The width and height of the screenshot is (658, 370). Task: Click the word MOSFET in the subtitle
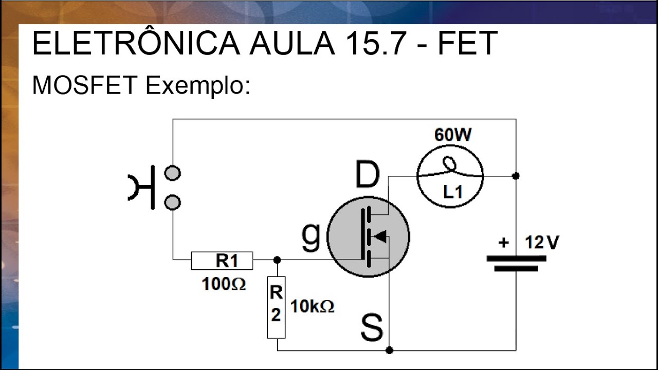[x=84, y=85]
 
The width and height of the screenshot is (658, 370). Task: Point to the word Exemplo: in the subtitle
[x=198, y=86]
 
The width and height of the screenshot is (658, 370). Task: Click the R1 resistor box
[x=222, y=261]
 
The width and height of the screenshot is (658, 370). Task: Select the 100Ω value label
[x=224, y=284]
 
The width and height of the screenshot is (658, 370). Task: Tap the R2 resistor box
[x=276, y=307]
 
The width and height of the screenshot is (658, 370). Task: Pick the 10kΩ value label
[x=312, y=307]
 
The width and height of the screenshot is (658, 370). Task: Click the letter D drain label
[x=367, y=175]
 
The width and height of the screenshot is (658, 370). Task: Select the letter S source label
[x=372, y=328]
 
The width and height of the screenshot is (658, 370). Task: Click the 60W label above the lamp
[x=452, y=135]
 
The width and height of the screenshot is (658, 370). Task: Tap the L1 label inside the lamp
[x=453, y=192]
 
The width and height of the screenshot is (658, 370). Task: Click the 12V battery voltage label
[x=541, y=242]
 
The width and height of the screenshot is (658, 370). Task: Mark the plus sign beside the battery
[x=504, y=243]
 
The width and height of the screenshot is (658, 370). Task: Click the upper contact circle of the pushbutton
[x=172, y=174]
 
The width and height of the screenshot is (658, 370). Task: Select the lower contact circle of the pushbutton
[x=172, y=202]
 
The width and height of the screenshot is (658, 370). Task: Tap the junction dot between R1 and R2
[x=277, y=260]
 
